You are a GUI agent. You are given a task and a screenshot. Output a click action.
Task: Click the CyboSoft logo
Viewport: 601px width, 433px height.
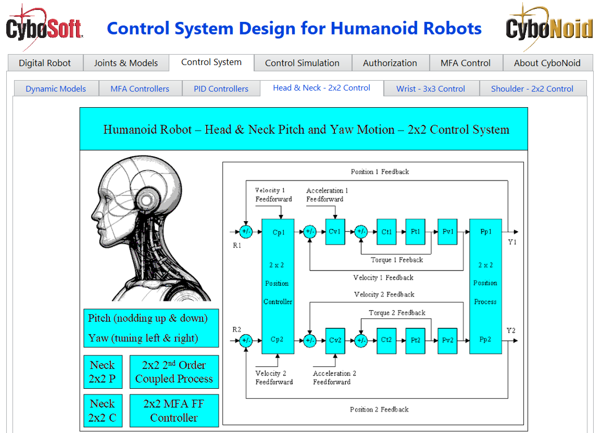pos(44,28)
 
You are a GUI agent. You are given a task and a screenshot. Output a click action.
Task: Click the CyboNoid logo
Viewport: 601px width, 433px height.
pos(549,28)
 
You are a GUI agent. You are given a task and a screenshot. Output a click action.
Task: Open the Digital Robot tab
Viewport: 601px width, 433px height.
pos(45,63)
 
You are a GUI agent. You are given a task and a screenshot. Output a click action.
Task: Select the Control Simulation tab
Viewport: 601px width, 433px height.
pos(302,63)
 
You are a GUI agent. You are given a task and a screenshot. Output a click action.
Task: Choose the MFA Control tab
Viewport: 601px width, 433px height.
pos(465,63)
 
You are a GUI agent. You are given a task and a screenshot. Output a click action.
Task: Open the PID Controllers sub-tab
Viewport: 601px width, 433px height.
pos(221,89)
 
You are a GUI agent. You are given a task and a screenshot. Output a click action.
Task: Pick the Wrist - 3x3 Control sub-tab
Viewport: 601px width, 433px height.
pos(431,89)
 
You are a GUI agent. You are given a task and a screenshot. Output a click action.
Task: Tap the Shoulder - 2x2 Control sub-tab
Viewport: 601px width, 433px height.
pos(532,89)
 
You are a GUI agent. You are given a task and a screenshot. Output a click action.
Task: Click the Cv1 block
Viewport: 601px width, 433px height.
pos(335,232)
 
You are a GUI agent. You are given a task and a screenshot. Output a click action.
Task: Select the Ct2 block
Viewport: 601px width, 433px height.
pos(386,340)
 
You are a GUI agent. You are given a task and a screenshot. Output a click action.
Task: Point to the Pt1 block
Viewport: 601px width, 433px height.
pos(415,232)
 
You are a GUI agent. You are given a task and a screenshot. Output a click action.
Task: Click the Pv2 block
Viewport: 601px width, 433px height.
pos(448,340)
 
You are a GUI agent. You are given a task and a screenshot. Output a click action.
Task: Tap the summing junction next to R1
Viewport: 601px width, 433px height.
pos(246,232)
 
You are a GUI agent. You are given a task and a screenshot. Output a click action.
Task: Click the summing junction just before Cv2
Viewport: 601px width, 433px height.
pos(310,340)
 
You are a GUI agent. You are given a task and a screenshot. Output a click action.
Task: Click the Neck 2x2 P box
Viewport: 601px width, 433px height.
pos(103,372)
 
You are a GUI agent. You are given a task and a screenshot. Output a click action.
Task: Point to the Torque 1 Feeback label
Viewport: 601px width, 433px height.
pos(397,260)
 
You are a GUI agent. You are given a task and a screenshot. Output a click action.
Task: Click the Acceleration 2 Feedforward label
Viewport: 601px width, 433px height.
pos(334,377)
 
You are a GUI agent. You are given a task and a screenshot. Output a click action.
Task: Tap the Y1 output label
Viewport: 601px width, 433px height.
pos(512,242)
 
